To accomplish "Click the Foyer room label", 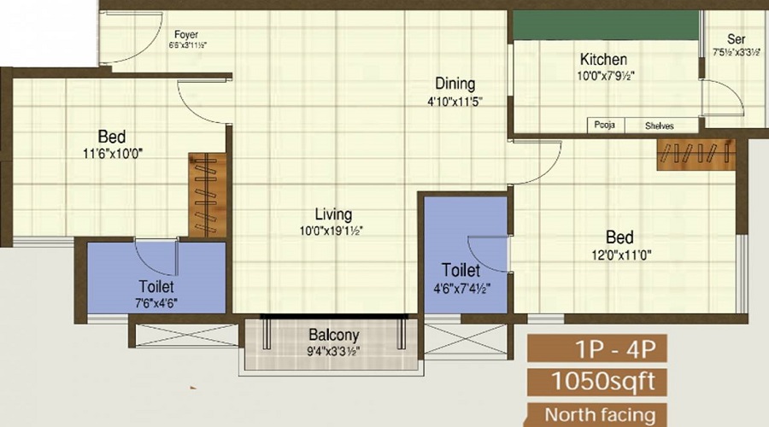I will point(186,35).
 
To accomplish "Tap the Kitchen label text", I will point(603,60).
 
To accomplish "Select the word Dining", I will point(455,84).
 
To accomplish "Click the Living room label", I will point(332,215).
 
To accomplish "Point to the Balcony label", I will point(333,335).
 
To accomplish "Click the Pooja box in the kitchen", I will point(606,126).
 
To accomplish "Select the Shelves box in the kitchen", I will point(659,126).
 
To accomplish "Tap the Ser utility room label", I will point(736,39).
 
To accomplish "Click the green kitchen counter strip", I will point(604,25).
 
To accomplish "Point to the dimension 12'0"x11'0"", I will point(619,254).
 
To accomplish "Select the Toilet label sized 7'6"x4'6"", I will point(156,287).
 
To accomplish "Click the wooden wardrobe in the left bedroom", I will point(205,194).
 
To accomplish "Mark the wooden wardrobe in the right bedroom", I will point(695,155).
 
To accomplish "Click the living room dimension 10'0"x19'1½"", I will point(332,231).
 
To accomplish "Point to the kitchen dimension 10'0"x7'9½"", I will point(603,75).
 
